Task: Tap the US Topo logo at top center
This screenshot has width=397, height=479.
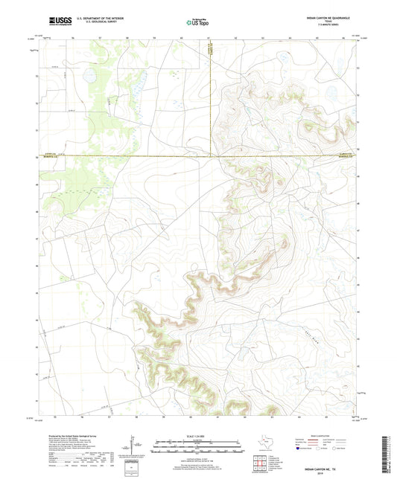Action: (198, 23)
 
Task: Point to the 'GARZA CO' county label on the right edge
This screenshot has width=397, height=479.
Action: (344, 154)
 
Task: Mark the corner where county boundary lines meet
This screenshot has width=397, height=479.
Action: (211, 156)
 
